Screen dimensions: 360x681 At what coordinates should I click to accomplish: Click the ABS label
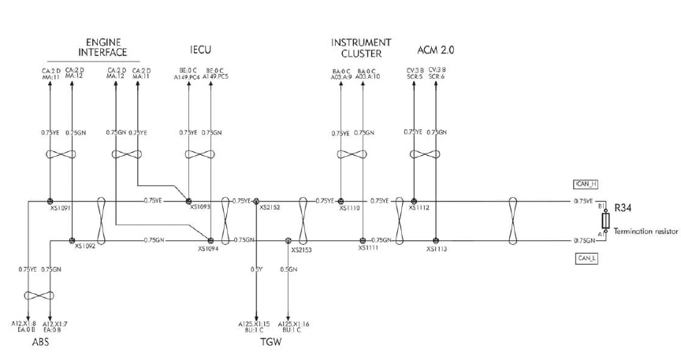click(42, 343)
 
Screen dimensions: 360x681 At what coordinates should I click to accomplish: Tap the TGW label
click(270, 343)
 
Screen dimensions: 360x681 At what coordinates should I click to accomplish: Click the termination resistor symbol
click(605, 221)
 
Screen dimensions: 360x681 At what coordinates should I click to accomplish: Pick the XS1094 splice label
click(208, 248)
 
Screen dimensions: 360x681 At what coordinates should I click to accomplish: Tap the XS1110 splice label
click(349, 209)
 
